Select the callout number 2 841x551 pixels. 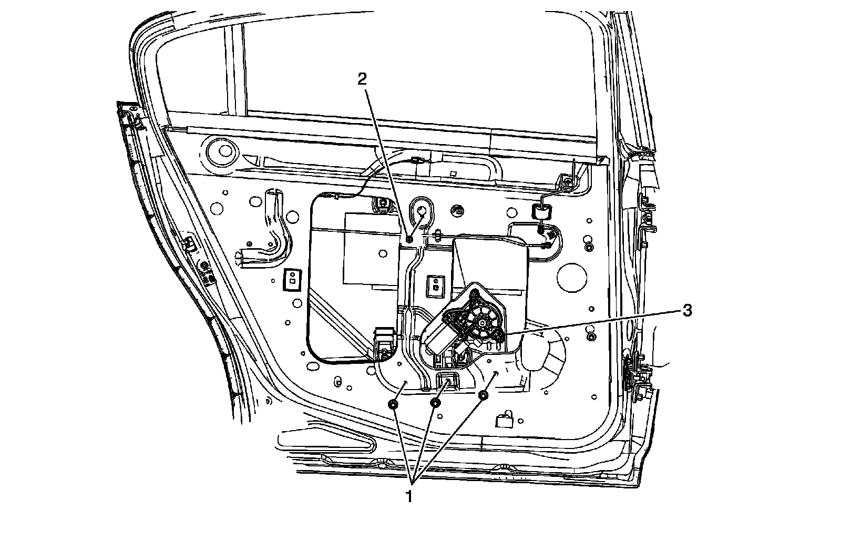pyautogui.click(x=362, y=79)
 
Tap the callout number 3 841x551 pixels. pyautogui.click(x=686, y=311)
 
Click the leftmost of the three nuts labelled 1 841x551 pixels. pyautogui.click(x=393, y=404)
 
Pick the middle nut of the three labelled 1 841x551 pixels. pyautogui.click(x=435, y=403)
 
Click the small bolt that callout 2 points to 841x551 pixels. pyautogui.click(x=409, y=240)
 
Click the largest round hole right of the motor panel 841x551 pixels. pyautogui.click(x=571, y=276)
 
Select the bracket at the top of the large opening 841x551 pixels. pyautogui.click(x=382, y=205)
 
